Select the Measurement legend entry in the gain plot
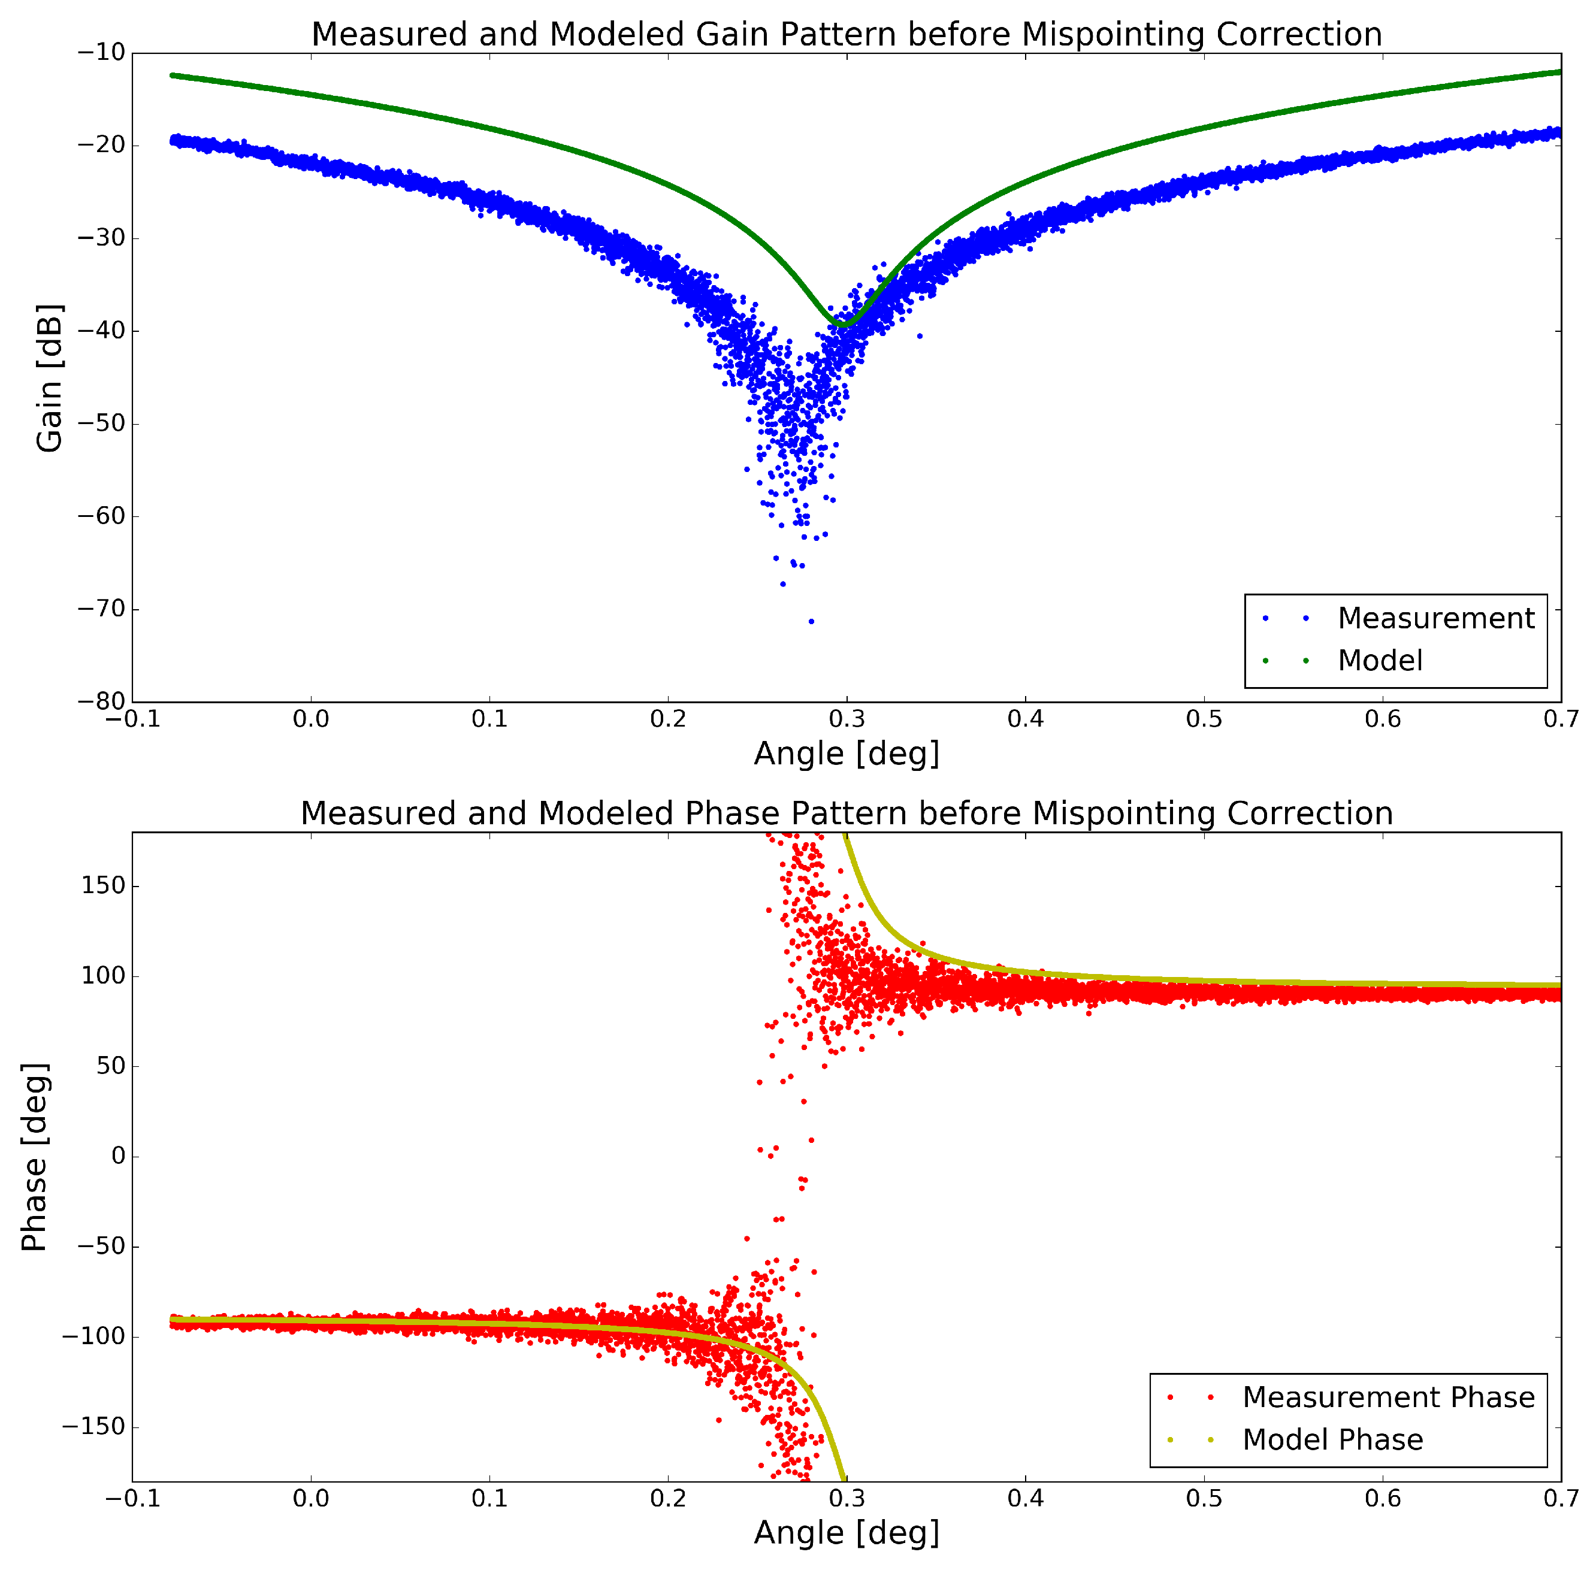coord(1435,618)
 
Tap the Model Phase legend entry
coord(1332,1439)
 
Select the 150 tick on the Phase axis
coord(104,885)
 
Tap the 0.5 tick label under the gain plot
coord(1204,719)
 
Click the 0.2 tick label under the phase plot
coord(668,1499)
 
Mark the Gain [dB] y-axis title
coord(49,378)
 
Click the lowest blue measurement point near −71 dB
coord(812,622)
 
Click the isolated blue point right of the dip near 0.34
coord(919,336)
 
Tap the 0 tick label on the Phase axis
coord(118,1155)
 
